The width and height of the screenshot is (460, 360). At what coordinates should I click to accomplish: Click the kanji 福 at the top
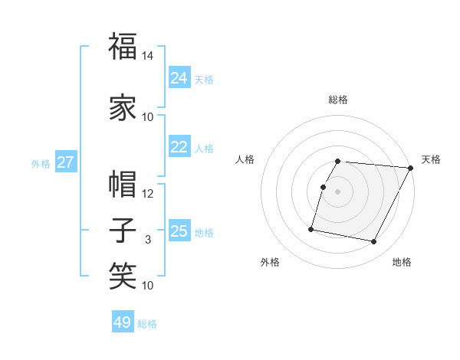(123, 47)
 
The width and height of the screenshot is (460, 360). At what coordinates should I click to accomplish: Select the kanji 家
(123, 108)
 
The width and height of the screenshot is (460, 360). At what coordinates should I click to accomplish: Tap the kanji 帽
(123, 184)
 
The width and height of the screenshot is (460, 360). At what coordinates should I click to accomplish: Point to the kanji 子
(123, 230)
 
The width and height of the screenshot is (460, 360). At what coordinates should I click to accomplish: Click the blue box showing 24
(179, 78)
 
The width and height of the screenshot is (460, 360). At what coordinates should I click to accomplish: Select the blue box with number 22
(179, 148)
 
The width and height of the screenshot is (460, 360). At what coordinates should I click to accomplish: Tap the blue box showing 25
(179, 232)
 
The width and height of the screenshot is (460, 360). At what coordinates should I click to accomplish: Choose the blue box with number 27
(65, 162)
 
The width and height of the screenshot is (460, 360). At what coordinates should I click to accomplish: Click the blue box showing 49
(123, 322)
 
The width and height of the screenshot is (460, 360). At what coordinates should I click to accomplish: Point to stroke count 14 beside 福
(148, 56)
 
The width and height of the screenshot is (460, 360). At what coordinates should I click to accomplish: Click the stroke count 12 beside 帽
(148, 194)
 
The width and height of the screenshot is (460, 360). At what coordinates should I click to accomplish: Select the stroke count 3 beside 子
(148, 240)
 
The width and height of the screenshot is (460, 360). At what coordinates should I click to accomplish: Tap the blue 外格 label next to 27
(41, 163)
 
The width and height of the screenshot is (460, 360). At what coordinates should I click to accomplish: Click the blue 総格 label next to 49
(147, 324)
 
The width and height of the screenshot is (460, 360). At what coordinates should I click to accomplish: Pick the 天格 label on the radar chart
(431, 159)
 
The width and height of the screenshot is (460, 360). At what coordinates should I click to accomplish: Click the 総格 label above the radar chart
(338, 100)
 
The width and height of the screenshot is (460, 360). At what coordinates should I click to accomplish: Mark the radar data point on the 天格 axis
(411, 168)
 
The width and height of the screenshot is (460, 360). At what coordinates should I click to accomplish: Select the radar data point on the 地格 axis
(374, 242)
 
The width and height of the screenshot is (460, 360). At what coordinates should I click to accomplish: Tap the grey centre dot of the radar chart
(337, 191)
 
